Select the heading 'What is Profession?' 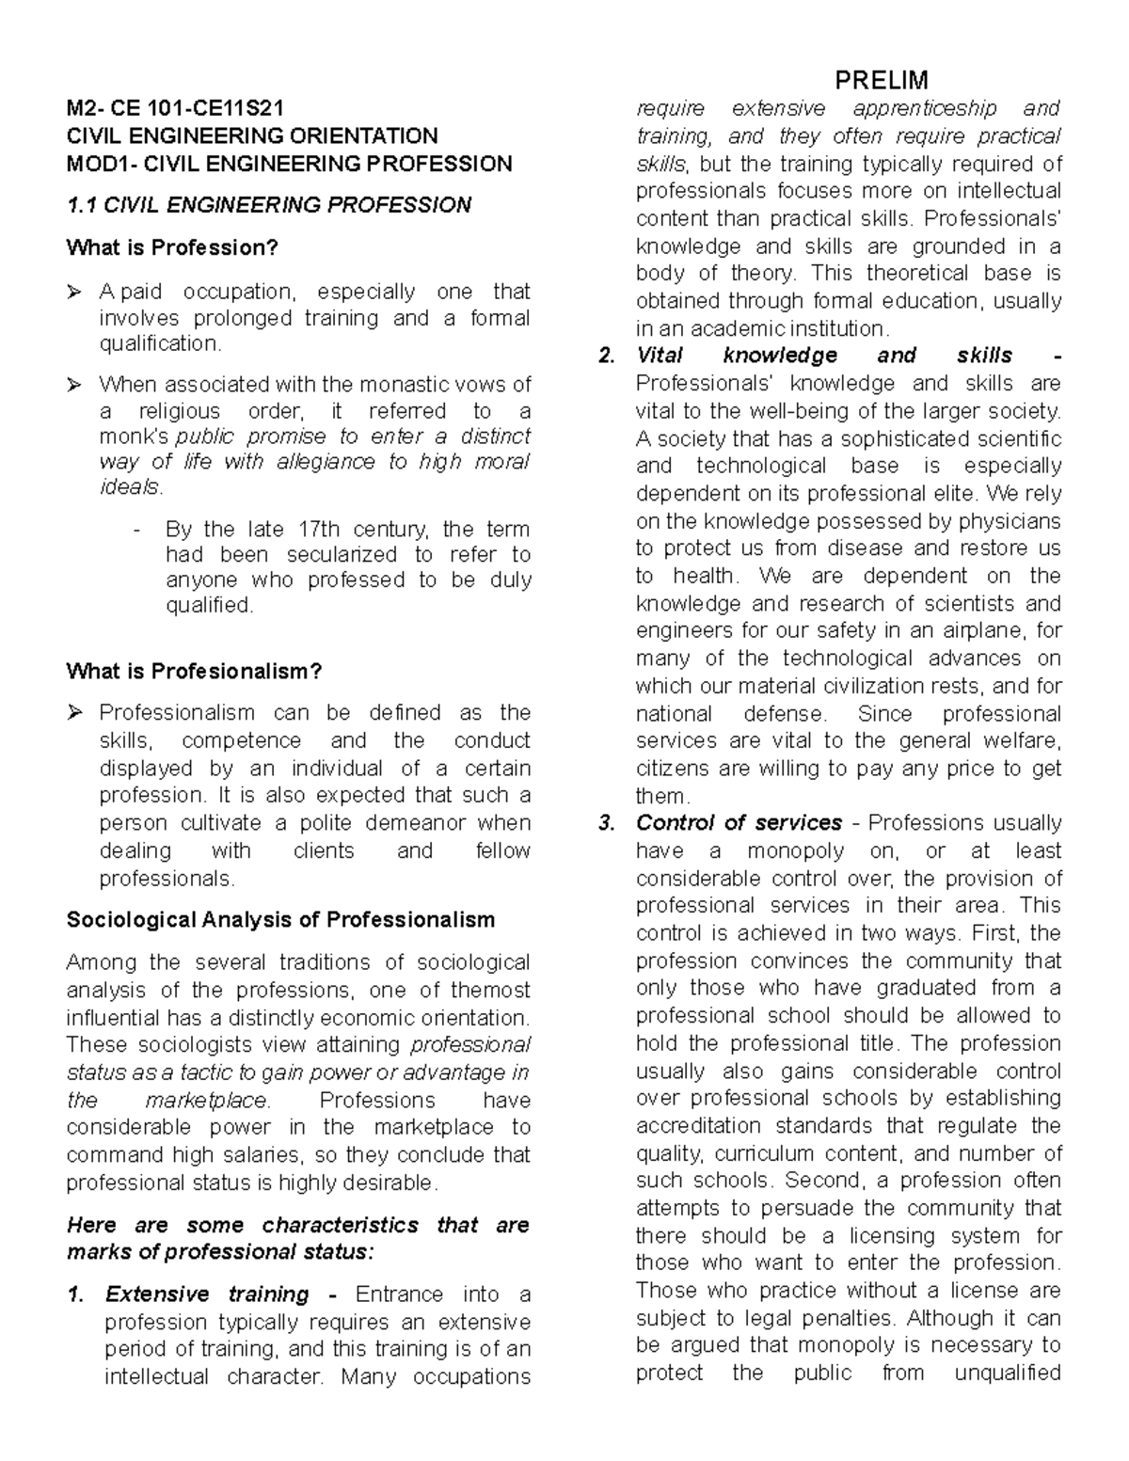point(173,247)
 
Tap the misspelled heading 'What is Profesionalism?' point(195,672)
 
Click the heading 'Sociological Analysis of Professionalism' point(280,920)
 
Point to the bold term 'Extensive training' point(207,1294)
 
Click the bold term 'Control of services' point(739,823)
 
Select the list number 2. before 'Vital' point(607,356)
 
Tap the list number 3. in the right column point(607,823)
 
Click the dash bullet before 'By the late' point(139,530)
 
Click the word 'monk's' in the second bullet point(134,437)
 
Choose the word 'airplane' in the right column point(978,631)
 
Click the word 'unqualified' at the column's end point(1008,1373)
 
